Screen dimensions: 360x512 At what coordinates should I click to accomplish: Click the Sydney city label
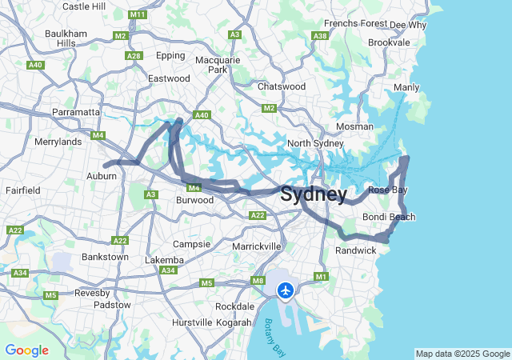coord(314,194)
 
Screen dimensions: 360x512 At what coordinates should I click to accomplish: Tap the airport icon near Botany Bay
coord(286,290)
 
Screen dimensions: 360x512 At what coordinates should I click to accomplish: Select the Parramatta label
coord(75,112)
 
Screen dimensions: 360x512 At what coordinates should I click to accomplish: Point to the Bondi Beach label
coord(389,217)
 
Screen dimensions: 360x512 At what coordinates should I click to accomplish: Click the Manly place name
coord(406,87)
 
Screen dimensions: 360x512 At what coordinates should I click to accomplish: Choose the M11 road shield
coord(137,15)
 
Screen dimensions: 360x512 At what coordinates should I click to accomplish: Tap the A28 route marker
coord(134,55)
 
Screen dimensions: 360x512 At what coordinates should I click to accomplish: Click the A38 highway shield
coord(321,36)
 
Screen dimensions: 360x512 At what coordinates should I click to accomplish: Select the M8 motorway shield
coord(258,280)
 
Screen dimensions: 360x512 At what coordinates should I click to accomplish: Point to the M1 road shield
coord(322,277)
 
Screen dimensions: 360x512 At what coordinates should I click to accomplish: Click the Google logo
coord(26,350)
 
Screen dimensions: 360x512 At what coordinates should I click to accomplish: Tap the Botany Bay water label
coord(274,336)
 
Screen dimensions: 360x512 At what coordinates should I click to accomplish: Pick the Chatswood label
coord(282,86)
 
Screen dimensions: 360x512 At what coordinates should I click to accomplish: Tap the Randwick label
coord(355,250)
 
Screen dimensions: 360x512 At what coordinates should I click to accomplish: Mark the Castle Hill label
coord(83,6)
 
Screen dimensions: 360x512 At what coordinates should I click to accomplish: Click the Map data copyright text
coord(462,354)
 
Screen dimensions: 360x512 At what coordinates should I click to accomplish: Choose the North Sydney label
coord(315,143)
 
